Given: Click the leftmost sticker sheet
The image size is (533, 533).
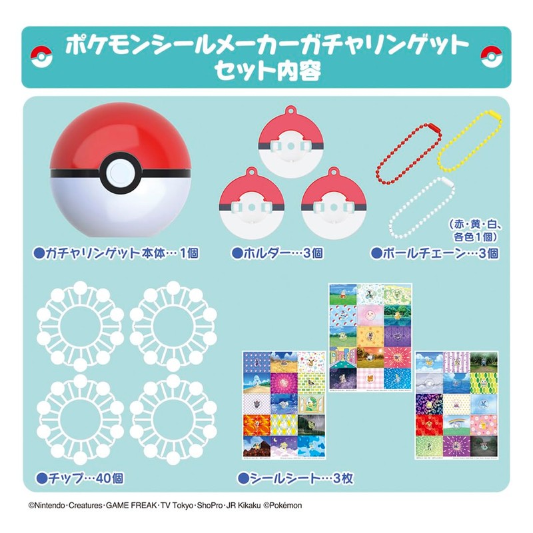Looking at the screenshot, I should (282, 406).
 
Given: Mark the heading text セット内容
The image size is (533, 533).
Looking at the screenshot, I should (266, 71).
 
